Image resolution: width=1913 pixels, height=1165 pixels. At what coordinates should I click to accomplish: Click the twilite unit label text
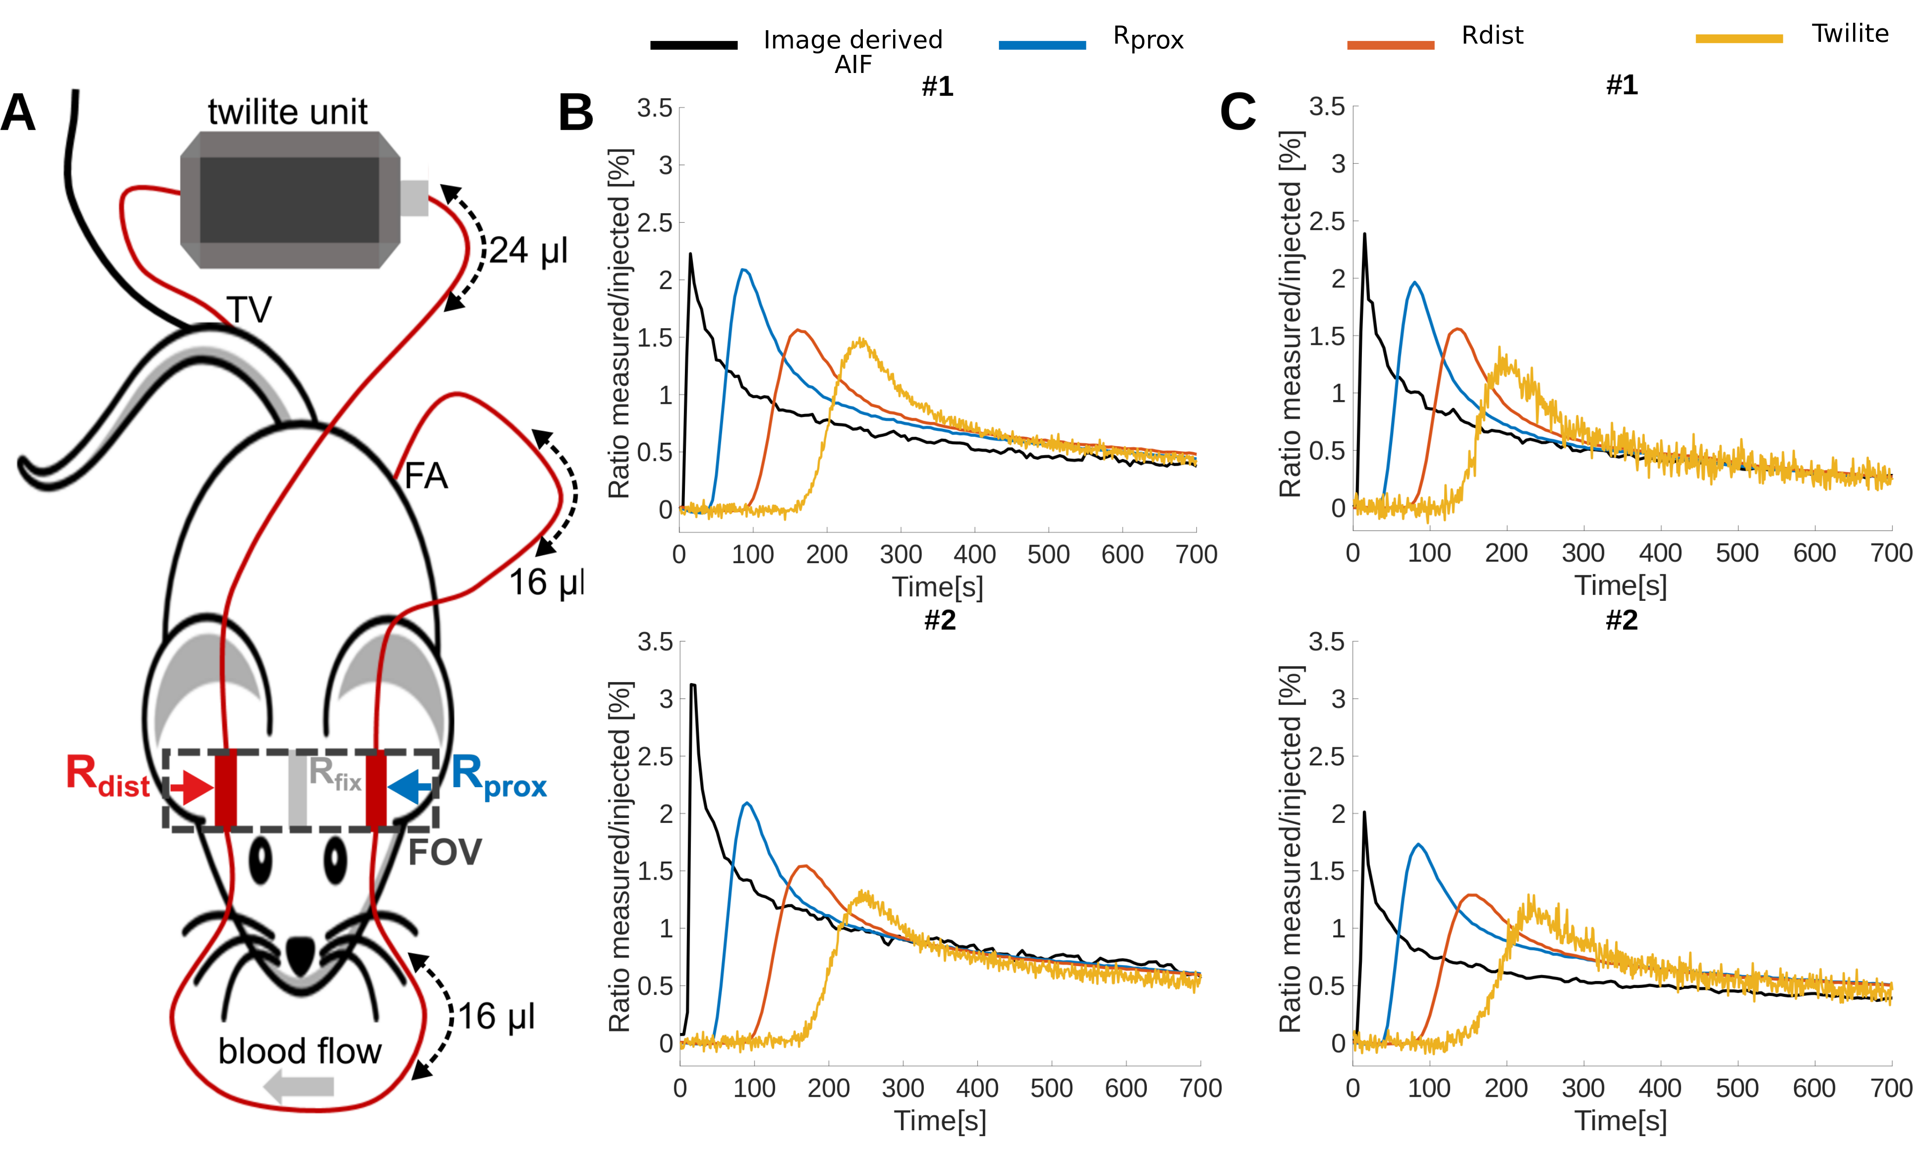click(x=287, y=112)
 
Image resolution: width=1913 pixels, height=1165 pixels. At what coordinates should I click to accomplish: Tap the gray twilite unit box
click(x=289, y=200)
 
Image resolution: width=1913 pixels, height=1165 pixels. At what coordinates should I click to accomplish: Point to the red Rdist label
click(x=108, y=777)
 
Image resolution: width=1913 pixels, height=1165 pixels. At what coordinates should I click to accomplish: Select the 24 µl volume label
click(x=528, y=251)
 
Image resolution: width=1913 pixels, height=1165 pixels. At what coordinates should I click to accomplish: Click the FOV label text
click(x=445, y=852)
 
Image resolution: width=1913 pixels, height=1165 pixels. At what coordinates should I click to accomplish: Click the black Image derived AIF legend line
click(x=693, y=45)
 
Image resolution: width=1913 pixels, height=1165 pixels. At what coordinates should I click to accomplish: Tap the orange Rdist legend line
click(x=1390, y=45)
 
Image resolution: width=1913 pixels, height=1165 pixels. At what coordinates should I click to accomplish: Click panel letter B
click(x=575, y=113)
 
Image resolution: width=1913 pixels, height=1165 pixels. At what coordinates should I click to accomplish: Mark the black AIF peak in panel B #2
click(x=692, y=685)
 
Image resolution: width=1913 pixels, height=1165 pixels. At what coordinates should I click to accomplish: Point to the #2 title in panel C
click(x=1621, y=620)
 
